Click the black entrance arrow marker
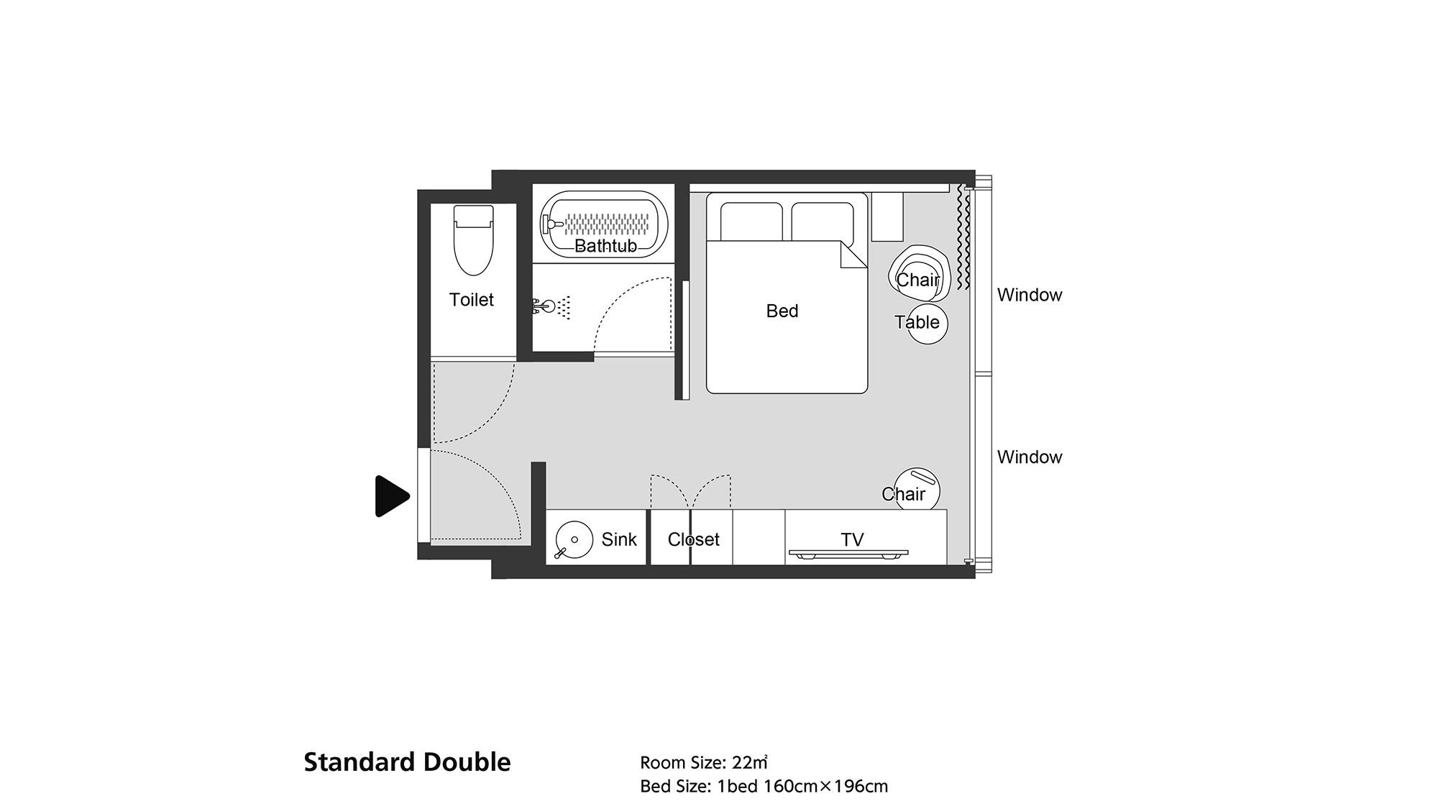point(392,496)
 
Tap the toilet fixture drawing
point(474,240)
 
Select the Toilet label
point(472,300)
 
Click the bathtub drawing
point(605,224)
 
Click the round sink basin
point(574,539)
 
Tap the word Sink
point(619,539)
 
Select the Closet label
point(693,539)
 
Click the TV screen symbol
point(848,553)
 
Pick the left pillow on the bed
point(751,222)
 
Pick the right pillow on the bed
point(823,222)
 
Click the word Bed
point(782,311)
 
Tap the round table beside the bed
point(927,324)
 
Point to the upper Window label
point(1030,295)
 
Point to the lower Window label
point(1030,457)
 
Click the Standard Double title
point(407,762)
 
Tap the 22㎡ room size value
point(750,762)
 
